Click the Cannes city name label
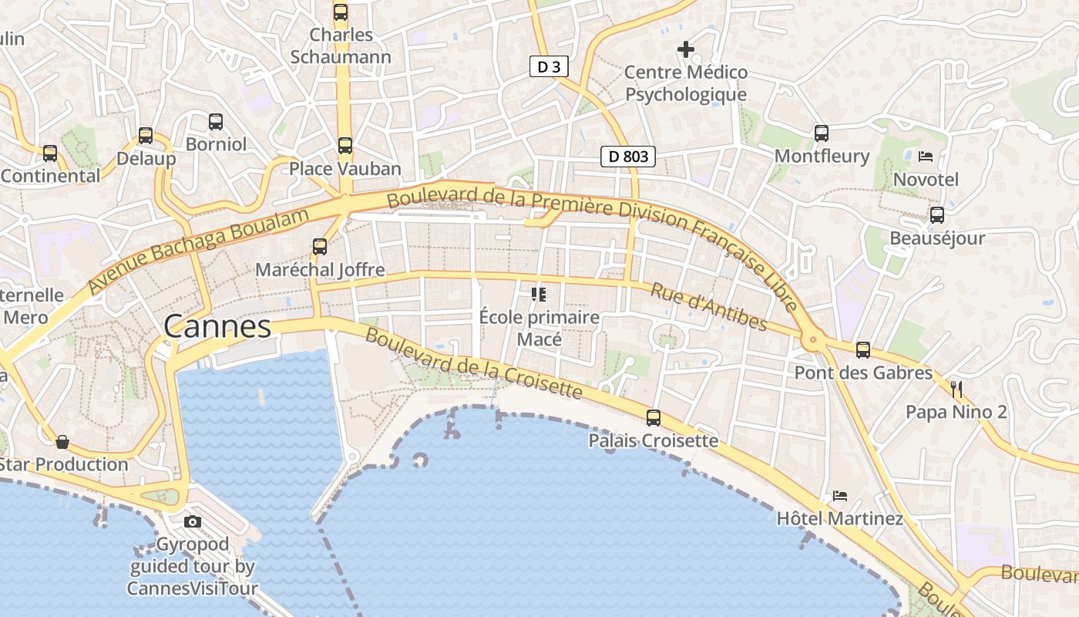217,327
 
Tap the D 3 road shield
549,67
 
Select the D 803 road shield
628,157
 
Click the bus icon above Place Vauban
345,145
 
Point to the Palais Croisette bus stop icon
654,418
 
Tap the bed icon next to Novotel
926,157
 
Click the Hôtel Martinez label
840,518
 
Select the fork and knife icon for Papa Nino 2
956,388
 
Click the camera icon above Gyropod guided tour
193,521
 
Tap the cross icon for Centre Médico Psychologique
685,50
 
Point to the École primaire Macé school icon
539,294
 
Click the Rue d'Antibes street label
709,306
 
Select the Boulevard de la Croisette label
473,362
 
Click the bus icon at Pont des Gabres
863,350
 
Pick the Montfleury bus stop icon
822,133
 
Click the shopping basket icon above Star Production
62,442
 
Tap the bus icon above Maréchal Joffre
320,247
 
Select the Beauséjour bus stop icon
937,215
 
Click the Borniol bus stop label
217,144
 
